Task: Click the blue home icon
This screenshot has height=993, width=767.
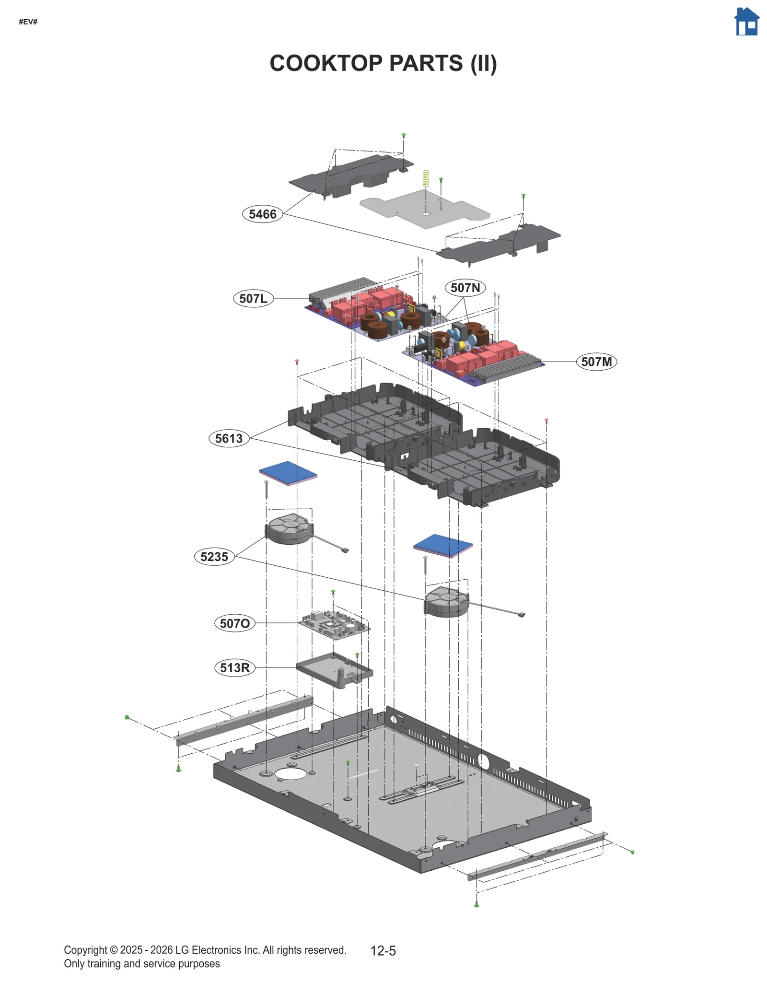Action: coord(746,22)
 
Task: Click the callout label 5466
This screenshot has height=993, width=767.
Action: coord(262,214)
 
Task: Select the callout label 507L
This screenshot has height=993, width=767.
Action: coord(253,299)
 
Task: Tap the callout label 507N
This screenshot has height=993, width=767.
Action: coord(465,288)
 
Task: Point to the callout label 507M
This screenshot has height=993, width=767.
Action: coord(596,362)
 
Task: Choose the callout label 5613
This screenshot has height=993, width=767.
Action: coord(229,438)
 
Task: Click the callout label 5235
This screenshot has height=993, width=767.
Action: coord(214,557)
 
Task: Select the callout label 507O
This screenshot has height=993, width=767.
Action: coord(234,623)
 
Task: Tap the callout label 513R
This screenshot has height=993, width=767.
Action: coord(234,667)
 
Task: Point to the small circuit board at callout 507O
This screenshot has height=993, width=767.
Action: coord(335,624)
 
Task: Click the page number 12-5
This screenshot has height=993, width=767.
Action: coord(383,951)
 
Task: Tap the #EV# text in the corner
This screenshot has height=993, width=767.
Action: coord(28,22)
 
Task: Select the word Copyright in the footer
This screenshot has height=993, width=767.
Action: coord(85,950)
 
